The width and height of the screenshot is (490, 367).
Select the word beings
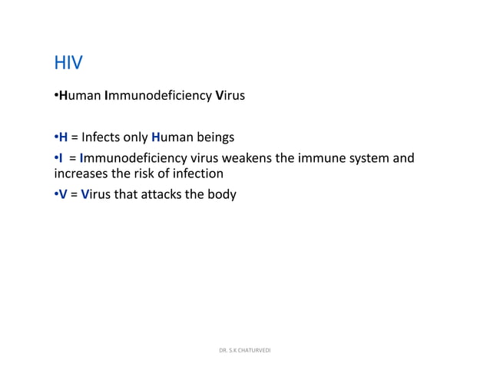[x=215, y=138]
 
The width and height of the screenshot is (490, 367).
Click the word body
[x=222, y=194]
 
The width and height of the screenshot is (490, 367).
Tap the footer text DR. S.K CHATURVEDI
[x=245, y=351]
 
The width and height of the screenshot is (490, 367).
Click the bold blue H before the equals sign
[x=63, y=138]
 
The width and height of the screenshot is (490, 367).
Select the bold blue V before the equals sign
[x=63, y=194]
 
